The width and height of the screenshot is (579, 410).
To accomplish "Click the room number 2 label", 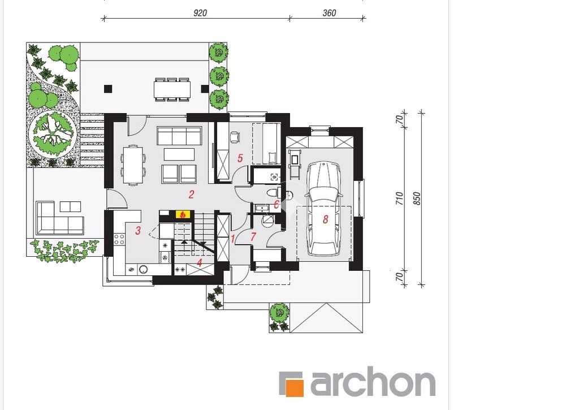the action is point(191,195).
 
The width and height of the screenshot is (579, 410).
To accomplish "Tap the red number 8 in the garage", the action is point(325,219).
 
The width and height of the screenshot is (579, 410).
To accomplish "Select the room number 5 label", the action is point(240,158).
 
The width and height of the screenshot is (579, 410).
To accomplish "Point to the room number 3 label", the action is point(138,231).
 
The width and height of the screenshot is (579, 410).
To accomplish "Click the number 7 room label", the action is point(253,237).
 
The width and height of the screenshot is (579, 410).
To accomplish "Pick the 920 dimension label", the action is point(200,13).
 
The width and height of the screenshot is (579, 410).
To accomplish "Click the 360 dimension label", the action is point(329,13).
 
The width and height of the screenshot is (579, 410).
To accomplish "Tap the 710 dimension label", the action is point(399,198).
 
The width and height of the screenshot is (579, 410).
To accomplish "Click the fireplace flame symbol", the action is point(182,214).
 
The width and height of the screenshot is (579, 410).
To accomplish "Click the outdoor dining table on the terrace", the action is point(172,89).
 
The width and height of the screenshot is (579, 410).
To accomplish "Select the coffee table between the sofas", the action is point(179,154).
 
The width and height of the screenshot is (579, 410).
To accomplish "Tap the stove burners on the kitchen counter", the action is point(119,239).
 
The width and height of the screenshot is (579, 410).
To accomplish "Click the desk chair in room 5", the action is point(235,137).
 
